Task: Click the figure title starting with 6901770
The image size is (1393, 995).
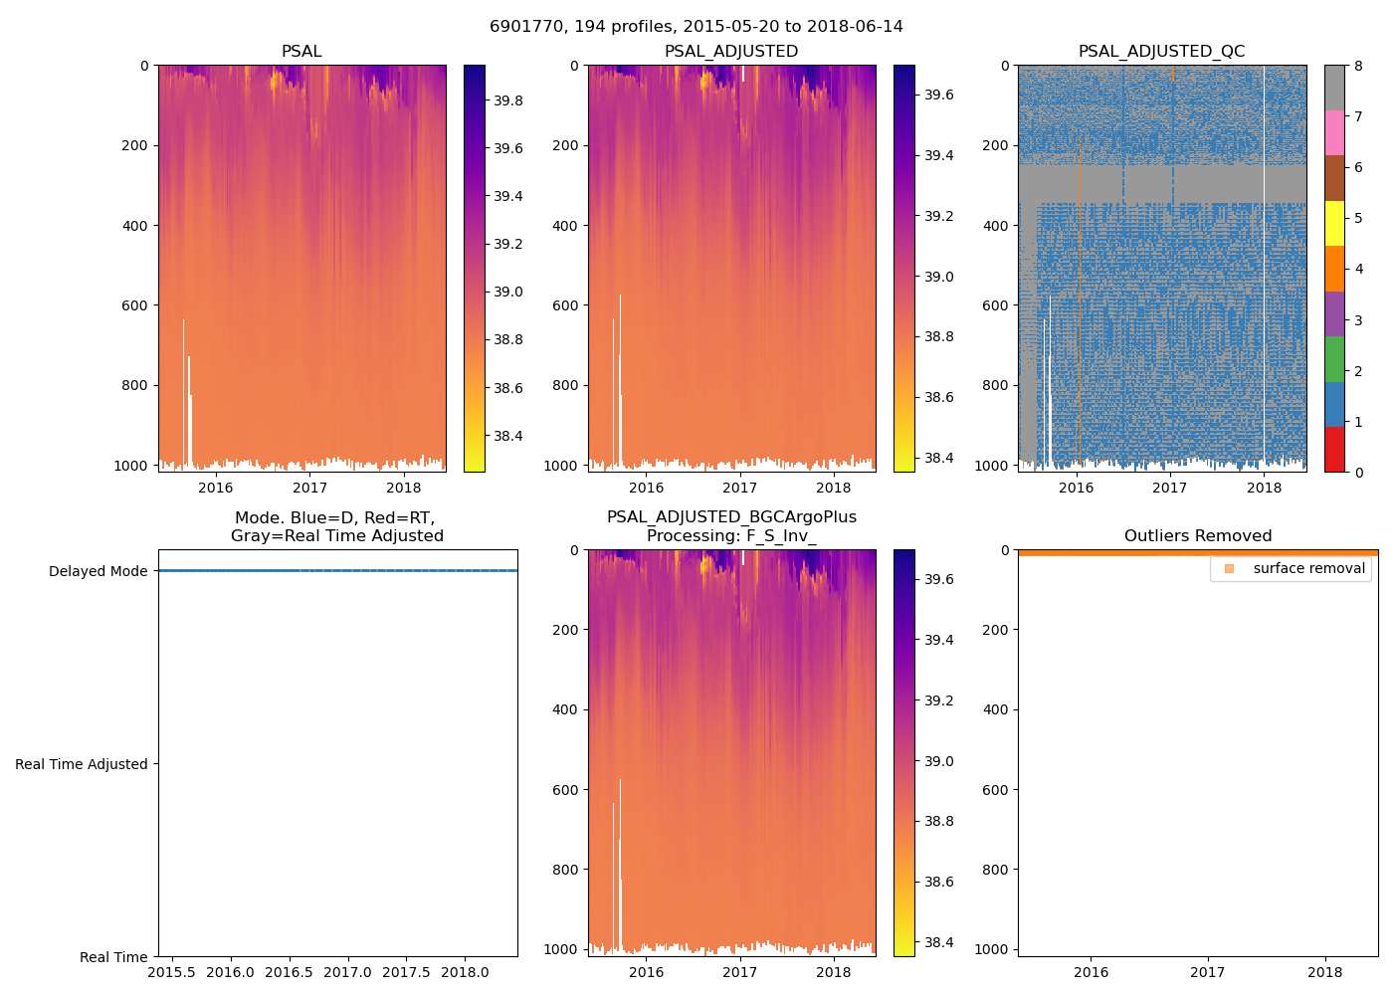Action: pyautogui.click(x=696, y=27)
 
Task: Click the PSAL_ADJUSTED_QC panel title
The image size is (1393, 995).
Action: pyautogui.click(x=1161, y=52)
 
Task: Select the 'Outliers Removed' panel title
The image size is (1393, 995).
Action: pyautogui.click(x=1198, y=536)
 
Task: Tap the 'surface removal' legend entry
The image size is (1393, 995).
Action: pyautogui.click(x=1308, y=569)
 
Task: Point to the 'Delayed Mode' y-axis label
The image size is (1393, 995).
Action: pyautogui.click(x=98, y=571)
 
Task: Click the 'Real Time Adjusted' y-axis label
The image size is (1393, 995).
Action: pyautogui.click(x=82, y=764)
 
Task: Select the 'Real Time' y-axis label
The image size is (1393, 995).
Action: pyautogui.click(x=113, y=957)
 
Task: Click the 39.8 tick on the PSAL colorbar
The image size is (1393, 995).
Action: pyautogui.click(x=508, y=101)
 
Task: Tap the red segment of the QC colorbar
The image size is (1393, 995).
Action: pyautogui.click(x=1334, y=450)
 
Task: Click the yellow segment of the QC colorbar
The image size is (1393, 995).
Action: pyautogui.click(x=1334, y=223)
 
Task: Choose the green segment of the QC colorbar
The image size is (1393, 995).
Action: pyautogui.click(x=1334, y=359)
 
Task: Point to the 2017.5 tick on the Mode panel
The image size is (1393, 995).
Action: pyautogui.click(x=406, y=972)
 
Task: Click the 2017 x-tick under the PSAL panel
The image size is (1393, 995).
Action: pyautogui.click(x=309, y=488)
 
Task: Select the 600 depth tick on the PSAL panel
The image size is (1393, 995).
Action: pyautogui.click(x=136, y=305)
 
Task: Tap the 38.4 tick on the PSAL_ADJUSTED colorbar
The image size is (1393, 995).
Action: pyautogui.click(x=939, y=458)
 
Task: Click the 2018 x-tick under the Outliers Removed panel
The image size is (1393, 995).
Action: pyautogui.click(x=1324, y=972)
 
